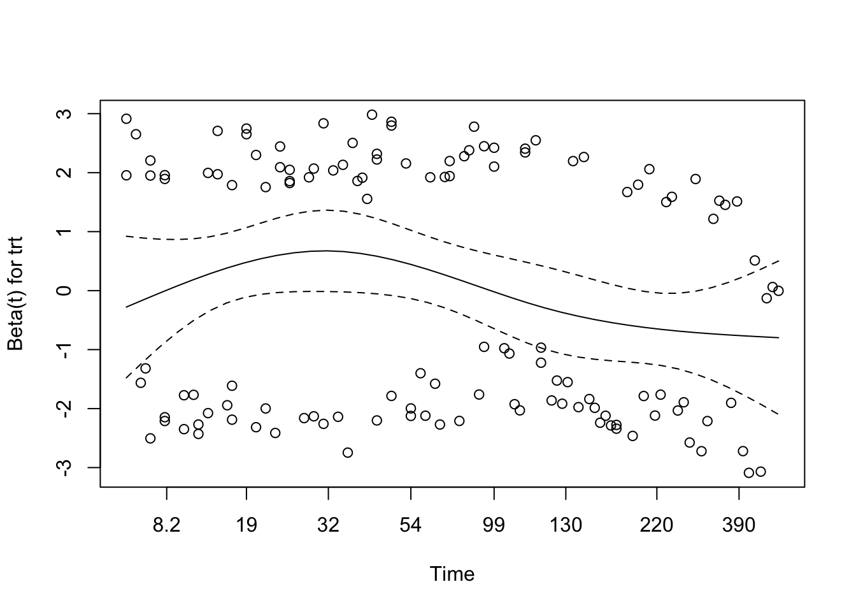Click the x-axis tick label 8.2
(166, 525)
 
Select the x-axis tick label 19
(246, 525)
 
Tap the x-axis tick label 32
(328, 525)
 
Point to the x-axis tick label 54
(411, 525)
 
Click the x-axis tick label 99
(494, 525)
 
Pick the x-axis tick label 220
(656, 525)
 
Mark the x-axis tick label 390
(739, 525)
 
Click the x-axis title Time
(452, 574)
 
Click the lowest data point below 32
(347, 453)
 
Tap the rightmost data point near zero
(778, 291)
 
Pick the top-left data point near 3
(126, 119)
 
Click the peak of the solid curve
(326, 251)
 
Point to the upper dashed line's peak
(326, 210)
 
